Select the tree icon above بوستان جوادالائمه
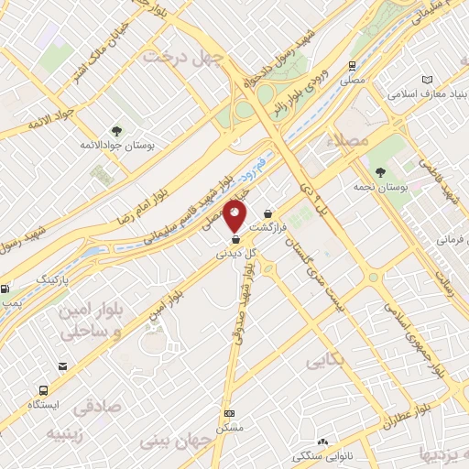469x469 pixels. pos(116,130)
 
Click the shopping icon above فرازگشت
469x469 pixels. pos(267,213)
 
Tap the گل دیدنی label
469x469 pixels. pos(235,252)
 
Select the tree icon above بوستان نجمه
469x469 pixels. pos(380,172)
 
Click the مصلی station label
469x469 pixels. pos(353,81)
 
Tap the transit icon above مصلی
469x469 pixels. pos(353,66)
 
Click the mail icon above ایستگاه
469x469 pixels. pos(61,366)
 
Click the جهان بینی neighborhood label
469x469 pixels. pos(175,442)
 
